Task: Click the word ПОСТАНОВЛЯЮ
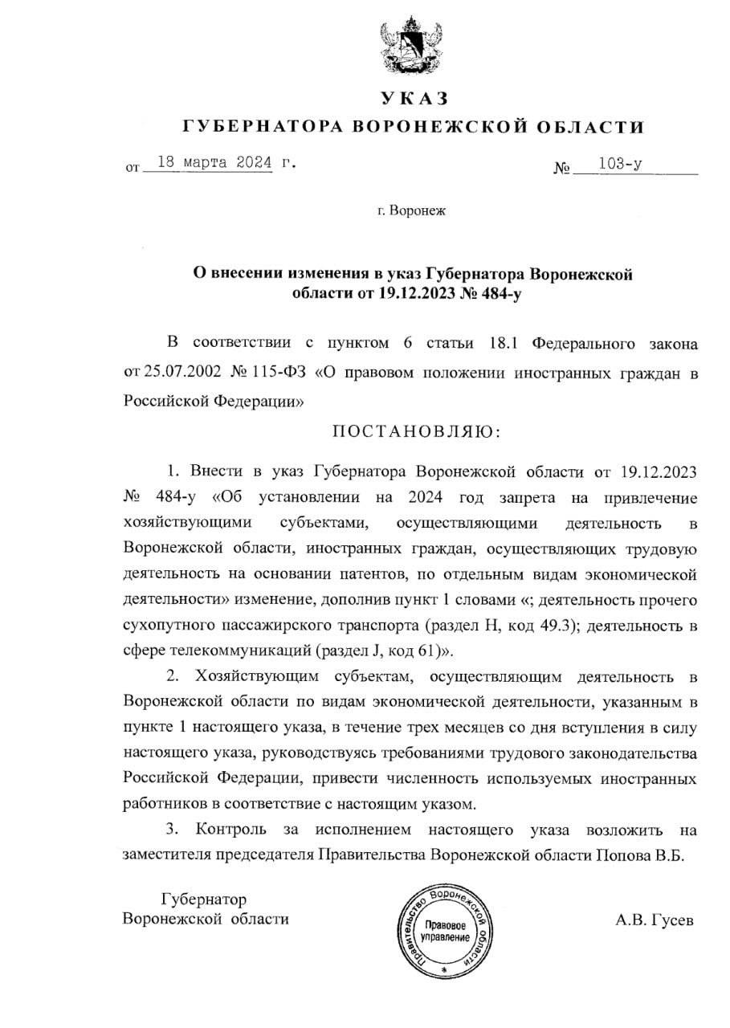click(x=416, y=431)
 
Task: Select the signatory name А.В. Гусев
click(x=650, y=920)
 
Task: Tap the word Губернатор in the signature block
click(x=204, y=899)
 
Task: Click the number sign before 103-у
click(x=561, y=169)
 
